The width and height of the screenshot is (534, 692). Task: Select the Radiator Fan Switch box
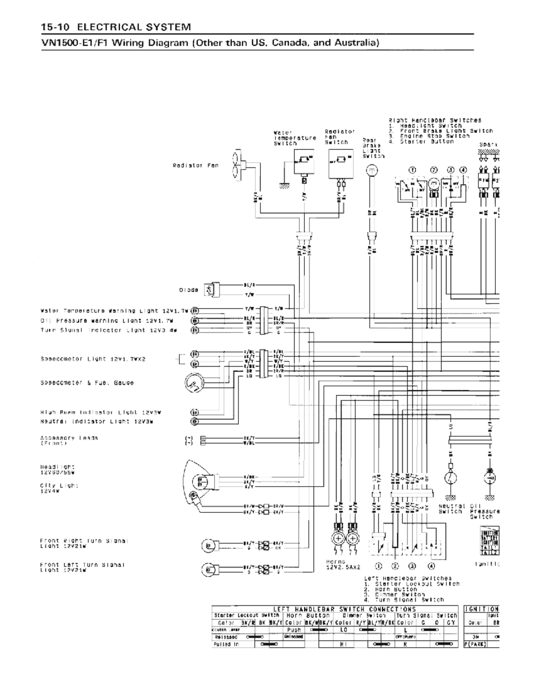click(341, 163)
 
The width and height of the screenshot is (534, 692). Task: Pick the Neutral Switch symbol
click(450, 478)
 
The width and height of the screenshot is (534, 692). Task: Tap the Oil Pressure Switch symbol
click(490, 478)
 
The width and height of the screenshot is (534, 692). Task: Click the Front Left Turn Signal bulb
click(207, 569)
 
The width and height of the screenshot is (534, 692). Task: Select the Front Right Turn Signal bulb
click(207, 545)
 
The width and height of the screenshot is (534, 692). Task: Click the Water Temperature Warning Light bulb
click(194, 310)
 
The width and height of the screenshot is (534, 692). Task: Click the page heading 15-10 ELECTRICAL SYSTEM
click(116, 27)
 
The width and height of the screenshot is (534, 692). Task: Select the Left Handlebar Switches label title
click(408, 578)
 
